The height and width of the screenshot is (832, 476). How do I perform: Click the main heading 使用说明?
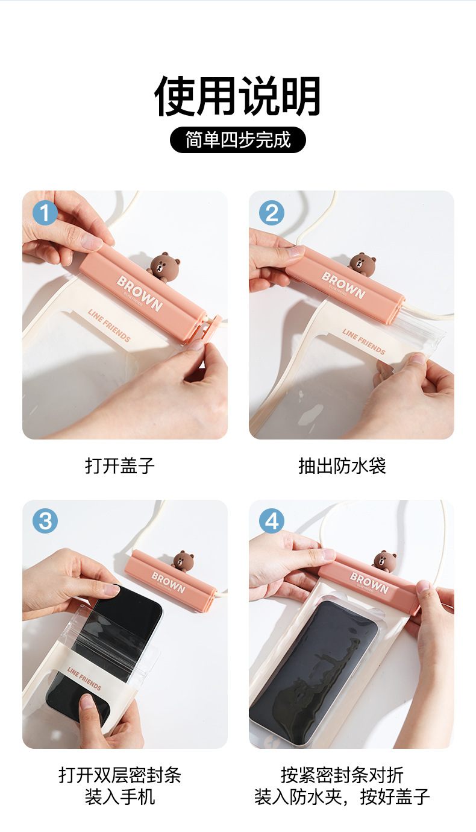click(237, 96)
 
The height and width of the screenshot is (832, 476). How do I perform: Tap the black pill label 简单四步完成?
click(237, 140)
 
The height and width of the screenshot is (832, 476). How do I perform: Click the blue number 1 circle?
click(45, 213)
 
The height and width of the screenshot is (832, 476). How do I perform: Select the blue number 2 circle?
click(271, 213)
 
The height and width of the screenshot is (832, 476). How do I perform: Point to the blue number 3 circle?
click(45, 521)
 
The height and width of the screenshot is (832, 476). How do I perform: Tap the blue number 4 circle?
click(271, 521)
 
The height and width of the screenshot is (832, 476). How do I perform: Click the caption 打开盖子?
click(119, 466)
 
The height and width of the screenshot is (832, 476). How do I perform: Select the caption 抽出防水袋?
click(342, 466)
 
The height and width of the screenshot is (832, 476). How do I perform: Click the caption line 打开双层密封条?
click(119, 775)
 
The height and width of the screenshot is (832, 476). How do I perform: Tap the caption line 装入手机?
click(119, 797)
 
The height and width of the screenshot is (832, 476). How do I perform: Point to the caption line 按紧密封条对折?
click(342, 775)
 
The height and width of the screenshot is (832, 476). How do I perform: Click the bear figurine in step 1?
click(164, 266)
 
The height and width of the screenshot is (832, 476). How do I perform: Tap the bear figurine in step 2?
click(362, 264)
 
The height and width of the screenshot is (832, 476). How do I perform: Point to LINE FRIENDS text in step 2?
click(364, 342)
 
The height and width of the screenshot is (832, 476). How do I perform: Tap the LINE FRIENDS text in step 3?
click(84, 678)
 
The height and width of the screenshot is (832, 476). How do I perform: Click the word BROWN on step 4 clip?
click(369, 582)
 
